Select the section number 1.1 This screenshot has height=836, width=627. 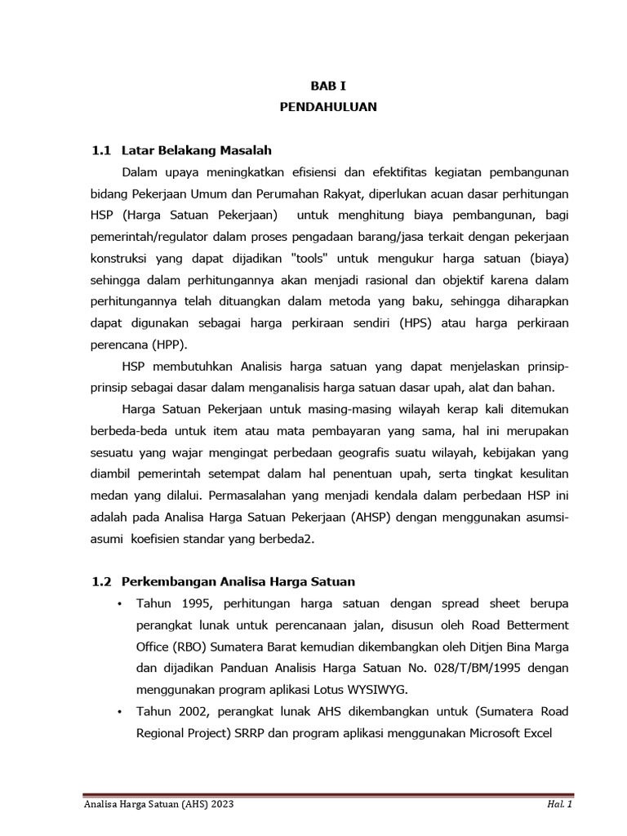[100, 150]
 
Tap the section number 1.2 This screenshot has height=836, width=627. [100, 581]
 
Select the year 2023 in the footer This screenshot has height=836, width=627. [220, 805]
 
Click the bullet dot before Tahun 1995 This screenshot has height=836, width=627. [119, 603]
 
